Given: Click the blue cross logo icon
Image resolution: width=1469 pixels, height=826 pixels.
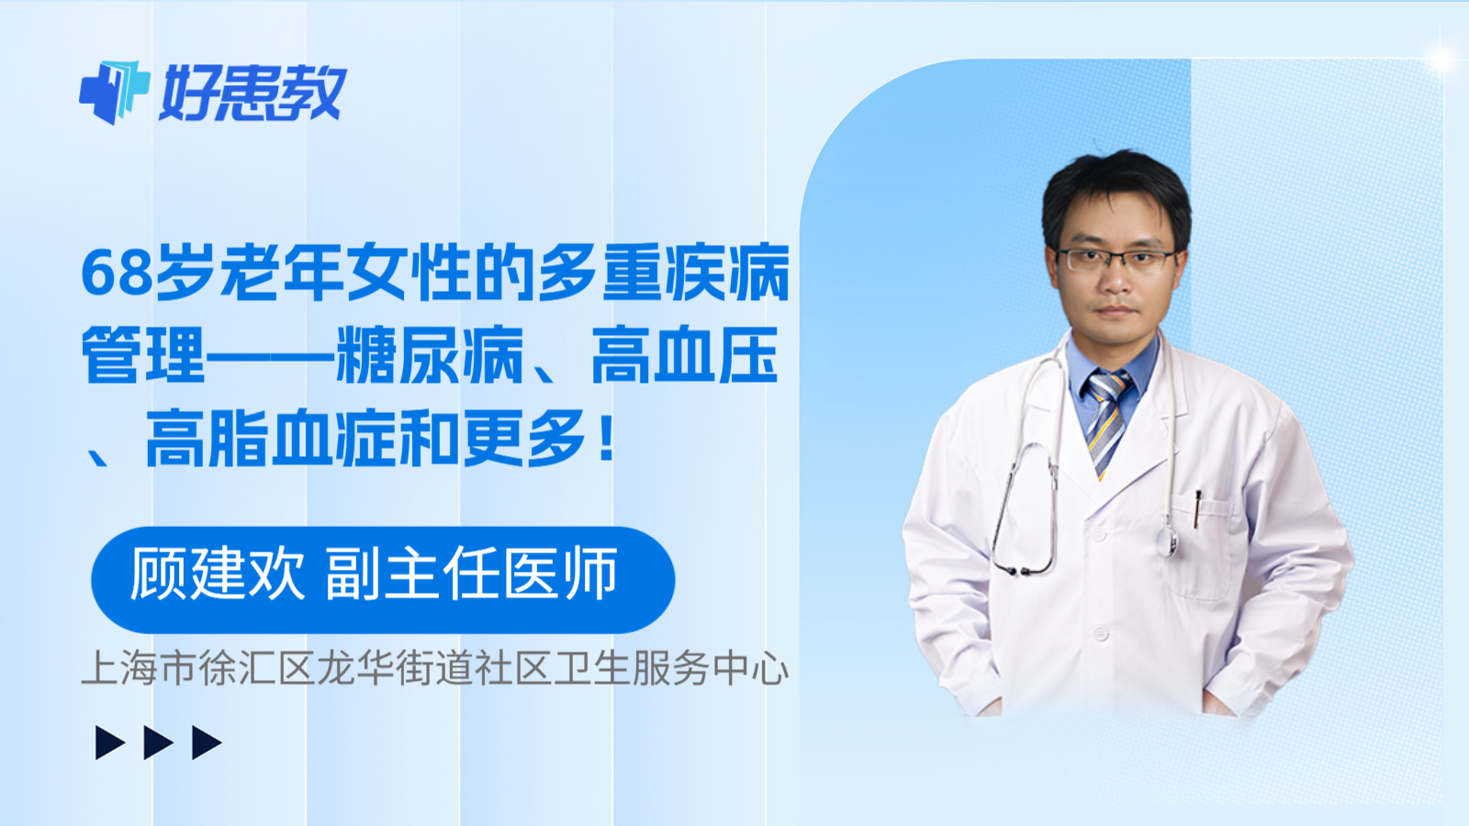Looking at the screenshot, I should tap(114, 92).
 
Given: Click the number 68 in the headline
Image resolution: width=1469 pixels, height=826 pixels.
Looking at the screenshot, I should tap(117, 273).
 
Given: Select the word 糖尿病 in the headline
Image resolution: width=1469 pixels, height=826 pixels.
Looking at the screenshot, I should tap(431, 356).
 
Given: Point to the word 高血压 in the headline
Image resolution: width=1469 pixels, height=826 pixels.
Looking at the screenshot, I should tap(685, 356).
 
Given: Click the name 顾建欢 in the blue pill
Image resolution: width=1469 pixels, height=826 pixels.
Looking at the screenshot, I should tap(218, 575).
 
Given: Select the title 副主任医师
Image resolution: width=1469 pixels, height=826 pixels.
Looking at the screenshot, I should tap(471, 575).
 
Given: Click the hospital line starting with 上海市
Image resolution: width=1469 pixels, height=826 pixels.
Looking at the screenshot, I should tap(434, 668).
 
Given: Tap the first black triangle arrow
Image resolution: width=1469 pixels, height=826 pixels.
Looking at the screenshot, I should tap(109, 742).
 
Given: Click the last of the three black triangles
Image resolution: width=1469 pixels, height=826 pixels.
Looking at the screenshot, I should tap(207, 742).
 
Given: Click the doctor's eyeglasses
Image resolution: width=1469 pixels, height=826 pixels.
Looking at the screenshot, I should tap(1115, 259).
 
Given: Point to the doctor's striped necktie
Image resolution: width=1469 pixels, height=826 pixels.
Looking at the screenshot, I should tap(1106, 418).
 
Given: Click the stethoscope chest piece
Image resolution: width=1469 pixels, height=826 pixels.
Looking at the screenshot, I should tap(1168, 541).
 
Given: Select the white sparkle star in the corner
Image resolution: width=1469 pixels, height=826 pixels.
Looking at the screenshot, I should tap(1441, 59).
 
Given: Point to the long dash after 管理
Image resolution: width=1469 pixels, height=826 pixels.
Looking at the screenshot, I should tap(271, 356).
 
